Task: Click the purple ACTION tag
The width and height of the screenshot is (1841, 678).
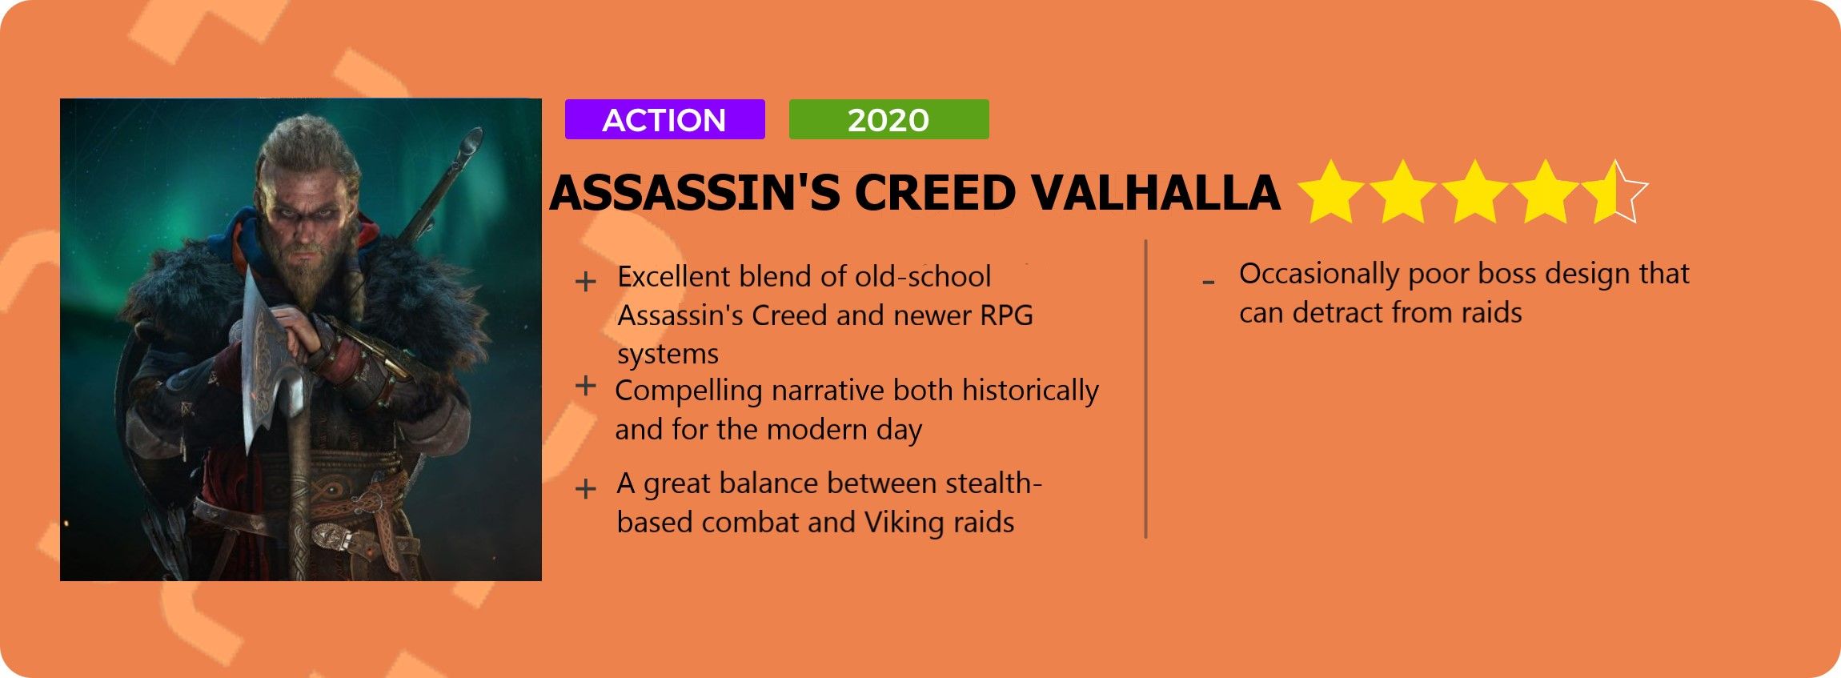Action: point(664,119)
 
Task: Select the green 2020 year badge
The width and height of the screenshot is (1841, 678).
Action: point(888,119)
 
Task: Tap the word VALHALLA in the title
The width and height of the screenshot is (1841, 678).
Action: point(1154,193)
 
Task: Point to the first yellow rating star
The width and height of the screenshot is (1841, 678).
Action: point(1330,192)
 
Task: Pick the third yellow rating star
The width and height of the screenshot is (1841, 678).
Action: point(1474,192)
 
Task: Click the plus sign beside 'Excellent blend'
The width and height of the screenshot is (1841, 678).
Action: point(586,282)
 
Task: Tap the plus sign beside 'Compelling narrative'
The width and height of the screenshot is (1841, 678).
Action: point(586,386)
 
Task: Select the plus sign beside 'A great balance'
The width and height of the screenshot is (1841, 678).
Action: point(586,488)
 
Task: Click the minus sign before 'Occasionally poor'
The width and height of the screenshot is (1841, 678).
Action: point(1209,282)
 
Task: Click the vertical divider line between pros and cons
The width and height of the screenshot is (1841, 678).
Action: point(1146,389)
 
